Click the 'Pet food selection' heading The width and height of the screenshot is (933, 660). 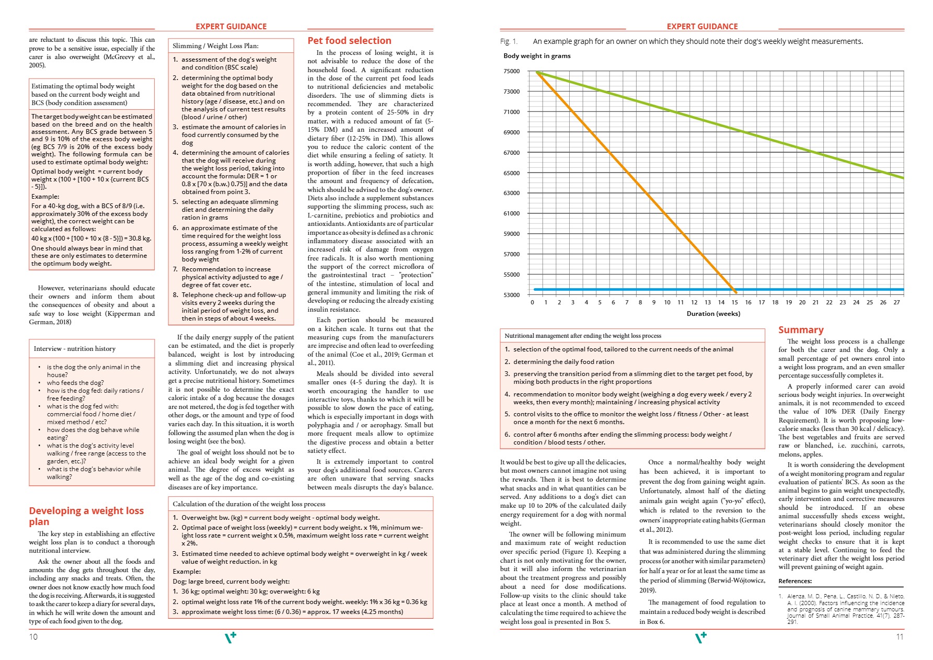(349, 41)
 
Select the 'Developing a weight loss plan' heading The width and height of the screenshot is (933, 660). (86, 516)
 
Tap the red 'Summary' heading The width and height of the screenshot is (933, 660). (801, 330)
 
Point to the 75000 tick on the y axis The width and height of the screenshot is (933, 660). (512, 71)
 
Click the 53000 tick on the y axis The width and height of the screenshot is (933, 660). (512, 295)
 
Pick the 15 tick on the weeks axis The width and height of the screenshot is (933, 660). (734, 302)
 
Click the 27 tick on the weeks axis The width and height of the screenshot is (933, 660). (896, 302)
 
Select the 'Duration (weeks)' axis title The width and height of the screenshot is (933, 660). (713, 314)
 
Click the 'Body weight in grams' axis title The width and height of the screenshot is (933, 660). (537, 56)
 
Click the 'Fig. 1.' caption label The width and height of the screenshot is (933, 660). (509, 42)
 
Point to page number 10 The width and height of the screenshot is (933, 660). (33, 636)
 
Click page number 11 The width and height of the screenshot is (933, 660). (900, 636)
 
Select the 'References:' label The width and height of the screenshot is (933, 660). (795, 581)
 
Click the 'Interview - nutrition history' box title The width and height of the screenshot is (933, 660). (75, 349)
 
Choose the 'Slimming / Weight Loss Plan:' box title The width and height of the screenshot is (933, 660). (215, 46)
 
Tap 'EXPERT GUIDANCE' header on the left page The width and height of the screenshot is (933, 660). (231, 27)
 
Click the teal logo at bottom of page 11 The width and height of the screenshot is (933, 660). (700, 637)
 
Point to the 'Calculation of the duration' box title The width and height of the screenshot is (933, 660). (249, 504)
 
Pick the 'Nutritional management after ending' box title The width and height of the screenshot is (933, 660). (583, 336)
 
